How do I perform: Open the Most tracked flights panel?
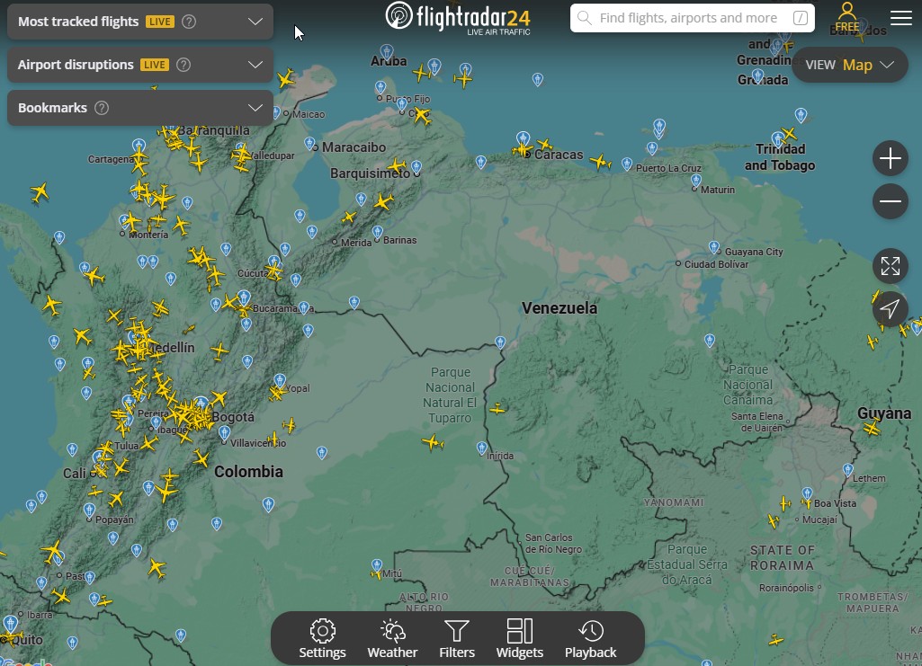(139, 22)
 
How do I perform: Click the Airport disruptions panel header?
(139, 65)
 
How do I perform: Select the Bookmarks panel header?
(139, 108)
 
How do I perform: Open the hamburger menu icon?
(900, 18)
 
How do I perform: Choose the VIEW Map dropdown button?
(849, 65)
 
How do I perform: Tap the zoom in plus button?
(890, 159)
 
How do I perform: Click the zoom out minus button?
(890, 201)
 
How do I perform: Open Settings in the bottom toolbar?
(322, 639)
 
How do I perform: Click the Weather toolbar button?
(392, 639)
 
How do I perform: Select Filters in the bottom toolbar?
(457, 639)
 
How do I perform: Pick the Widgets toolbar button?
(520, 639)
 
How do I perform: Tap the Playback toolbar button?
(590, 639)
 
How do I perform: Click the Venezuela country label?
(559, 308)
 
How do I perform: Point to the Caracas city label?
(559, 155)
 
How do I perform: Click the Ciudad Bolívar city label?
(716, 264)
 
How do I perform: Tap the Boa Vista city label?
(835, 504)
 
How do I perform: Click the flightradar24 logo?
(459, 17)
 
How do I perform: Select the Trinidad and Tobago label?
(780, 157)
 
